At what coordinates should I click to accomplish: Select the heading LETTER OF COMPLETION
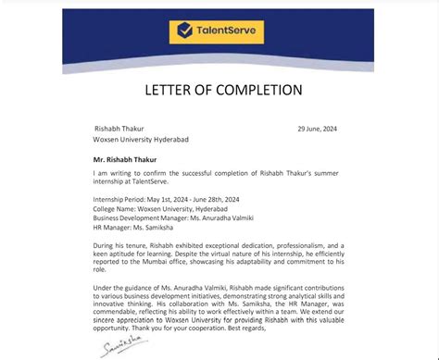(222, 90)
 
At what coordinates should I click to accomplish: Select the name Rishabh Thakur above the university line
(119, 129)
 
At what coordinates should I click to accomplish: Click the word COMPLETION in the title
(259, 90)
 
